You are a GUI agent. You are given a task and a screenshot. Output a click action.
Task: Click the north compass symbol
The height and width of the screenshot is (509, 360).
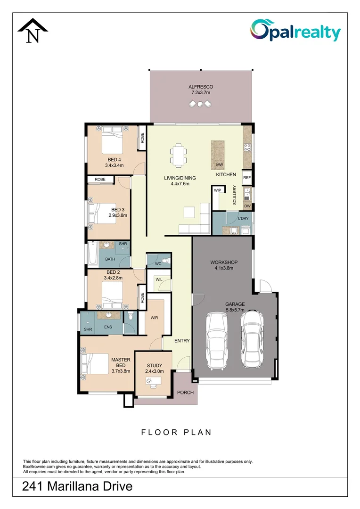point(33,31)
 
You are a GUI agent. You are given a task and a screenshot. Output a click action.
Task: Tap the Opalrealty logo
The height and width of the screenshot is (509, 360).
point(295,31)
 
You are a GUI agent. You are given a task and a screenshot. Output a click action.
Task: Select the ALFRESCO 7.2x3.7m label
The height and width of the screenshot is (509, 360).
point(201,90)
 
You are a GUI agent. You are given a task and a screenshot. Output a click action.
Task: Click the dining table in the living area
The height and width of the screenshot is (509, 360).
point(179,155)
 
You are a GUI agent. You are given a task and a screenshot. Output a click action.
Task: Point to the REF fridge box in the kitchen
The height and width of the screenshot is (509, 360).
point(247,178)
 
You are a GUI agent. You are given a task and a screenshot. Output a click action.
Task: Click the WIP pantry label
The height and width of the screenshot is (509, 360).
point(217,190)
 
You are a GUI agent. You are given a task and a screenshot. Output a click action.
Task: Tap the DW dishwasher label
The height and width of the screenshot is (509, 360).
point(247,206)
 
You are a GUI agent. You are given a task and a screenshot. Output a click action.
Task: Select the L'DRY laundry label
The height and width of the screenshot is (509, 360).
point(243,218)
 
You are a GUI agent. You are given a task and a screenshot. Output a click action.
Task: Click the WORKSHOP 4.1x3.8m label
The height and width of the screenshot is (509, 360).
point(223,265)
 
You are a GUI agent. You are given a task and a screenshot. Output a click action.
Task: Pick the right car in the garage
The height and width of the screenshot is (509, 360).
point(251,338)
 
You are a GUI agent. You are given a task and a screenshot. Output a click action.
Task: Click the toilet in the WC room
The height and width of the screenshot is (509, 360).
point(164,261)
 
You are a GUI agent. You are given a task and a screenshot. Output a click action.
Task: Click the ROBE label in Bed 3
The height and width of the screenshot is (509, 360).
point(100,180)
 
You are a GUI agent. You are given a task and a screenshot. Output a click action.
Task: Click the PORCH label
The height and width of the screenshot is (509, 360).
point(185,393)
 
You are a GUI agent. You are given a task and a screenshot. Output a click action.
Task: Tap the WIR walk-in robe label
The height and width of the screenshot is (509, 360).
point(154,318)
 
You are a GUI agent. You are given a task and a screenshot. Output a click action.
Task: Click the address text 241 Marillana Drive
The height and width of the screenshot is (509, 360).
point(77,486)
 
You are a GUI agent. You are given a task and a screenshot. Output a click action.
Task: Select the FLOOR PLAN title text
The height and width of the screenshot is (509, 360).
point(177,432)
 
